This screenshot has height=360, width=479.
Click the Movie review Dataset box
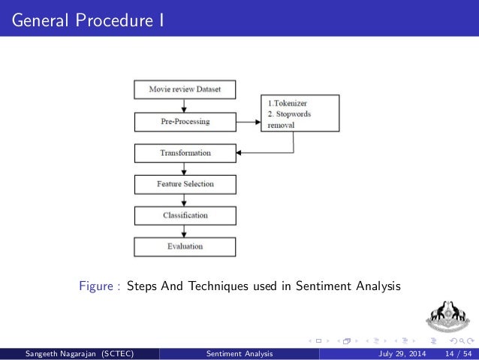[185, 89]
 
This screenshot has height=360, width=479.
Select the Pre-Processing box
[185, 121]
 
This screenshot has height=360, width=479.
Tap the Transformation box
[185, 153]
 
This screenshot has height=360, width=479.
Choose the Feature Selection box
[185, 183]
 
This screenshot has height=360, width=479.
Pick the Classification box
[185, 215]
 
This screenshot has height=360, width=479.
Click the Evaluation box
[185, 246]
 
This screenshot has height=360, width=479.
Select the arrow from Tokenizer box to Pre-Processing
[248, 121]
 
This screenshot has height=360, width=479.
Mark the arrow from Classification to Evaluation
[185, 231]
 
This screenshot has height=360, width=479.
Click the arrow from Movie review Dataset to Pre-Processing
[185, 105]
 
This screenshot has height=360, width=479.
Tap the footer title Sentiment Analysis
[239, 353]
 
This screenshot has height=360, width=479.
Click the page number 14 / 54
[456, 353]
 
